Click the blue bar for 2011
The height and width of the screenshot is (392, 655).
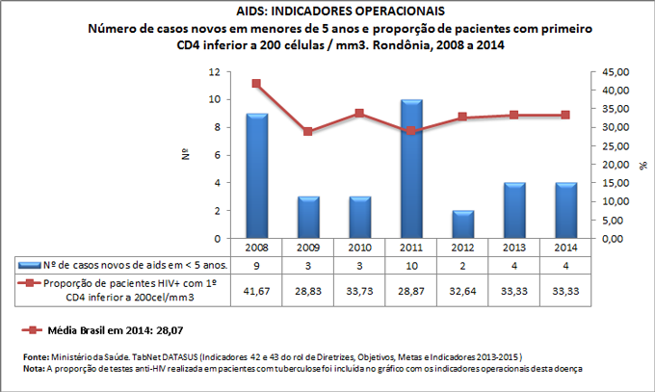click(x=412, y=170)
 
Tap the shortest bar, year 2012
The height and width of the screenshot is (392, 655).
click(x=464, y=224)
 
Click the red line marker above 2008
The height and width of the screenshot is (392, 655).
click(x=256, y=84)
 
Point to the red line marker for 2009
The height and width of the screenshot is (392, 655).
click(x=308, y=131)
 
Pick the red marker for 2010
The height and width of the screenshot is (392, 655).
click(x=360, y=113)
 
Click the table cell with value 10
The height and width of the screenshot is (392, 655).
click(x=412, y=264)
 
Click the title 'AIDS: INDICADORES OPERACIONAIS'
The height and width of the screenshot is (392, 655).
click(x=327, y=11)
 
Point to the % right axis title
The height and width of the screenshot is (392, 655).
click(x=642, y=165)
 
